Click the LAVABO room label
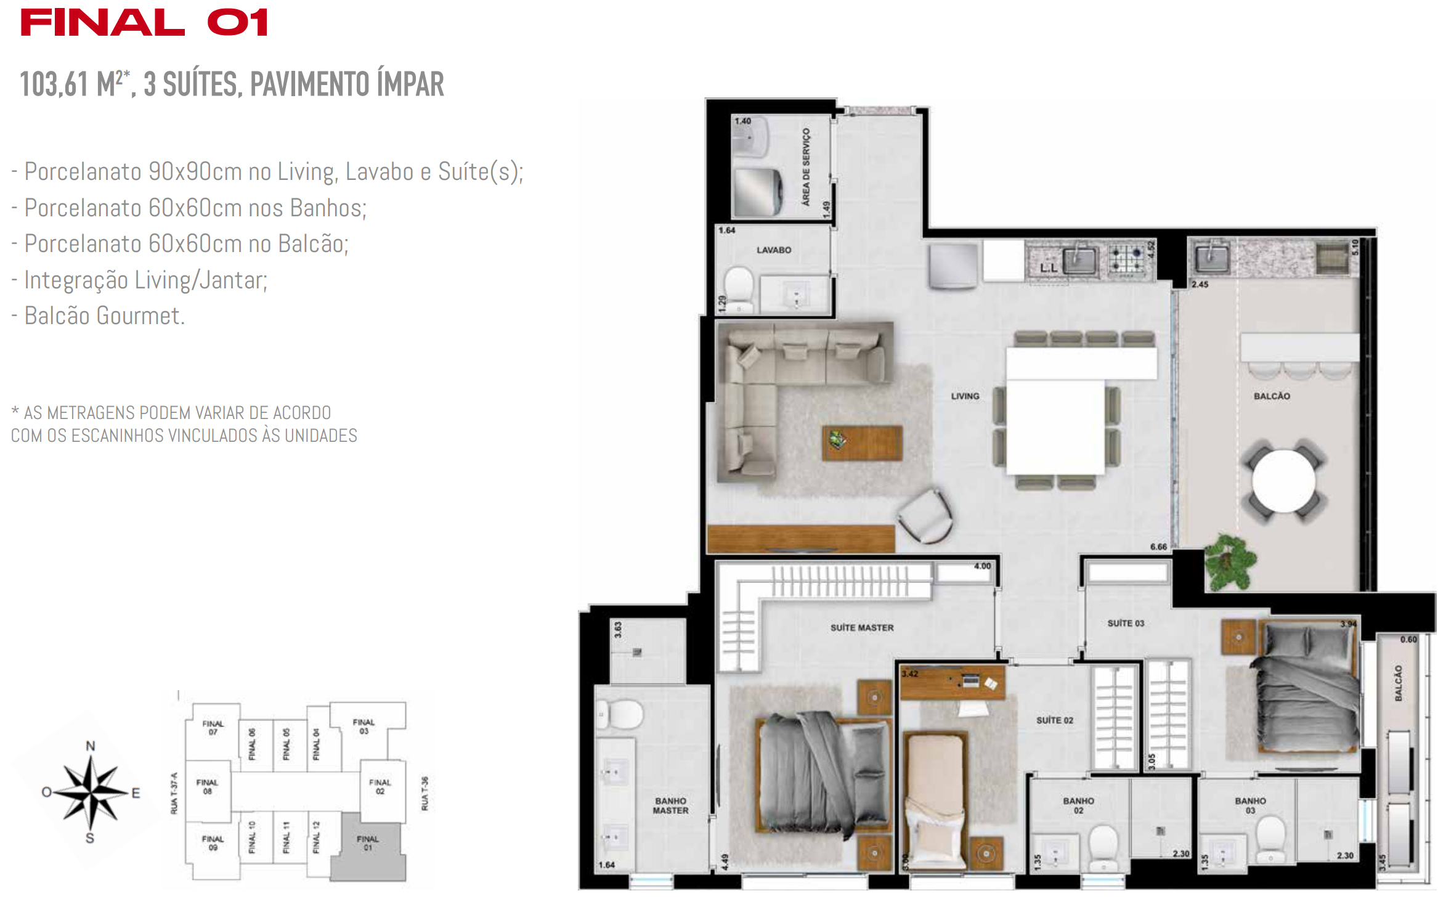click(773, 250)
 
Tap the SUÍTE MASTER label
click(861, 627)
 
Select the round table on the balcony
click(1283, 481)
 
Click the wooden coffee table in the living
click(862, 442)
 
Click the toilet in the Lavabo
click(738, 287)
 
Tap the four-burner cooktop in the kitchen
click(1126, 259)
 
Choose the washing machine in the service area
click(758, 192)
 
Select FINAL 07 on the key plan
click(213, 728)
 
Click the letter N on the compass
click(91, 746)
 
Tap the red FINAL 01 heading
click(144, 23)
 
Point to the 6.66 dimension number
click(1158, 547)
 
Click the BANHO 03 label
click(1250, 805)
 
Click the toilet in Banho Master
click(621, 714)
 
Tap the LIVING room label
click(964, 396)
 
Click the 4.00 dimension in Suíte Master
click(982, 566)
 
